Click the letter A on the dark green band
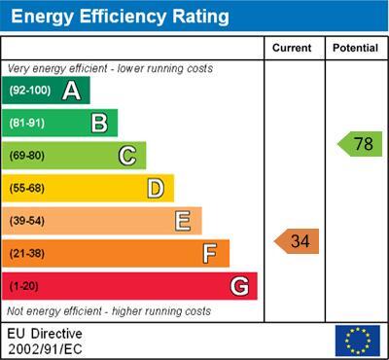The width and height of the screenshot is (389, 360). [x=71, y=90]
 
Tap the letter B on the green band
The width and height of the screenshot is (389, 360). [x=99, y=123]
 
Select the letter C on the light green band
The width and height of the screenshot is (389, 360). [x=127, y=156]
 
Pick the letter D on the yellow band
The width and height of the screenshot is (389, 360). [x=156, y=189]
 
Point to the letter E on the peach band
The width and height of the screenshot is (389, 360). [x=183, y=221]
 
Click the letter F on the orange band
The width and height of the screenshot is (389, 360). [x=210, y=253]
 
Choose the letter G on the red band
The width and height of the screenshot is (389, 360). [x=239, y=286]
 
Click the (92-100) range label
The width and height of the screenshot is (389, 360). [x=30, y=90]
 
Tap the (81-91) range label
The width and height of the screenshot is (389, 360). [x=27, y=123]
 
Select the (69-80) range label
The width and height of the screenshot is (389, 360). [x=27, y=156]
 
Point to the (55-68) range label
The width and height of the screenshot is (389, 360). [x=27, y=188]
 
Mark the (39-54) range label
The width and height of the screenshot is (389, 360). [x=27, y=221]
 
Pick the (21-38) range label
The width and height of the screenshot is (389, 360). [x=27, y=253]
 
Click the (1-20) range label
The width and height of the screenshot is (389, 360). [x=23, y=286]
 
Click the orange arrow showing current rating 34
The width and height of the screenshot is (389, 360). [x=297, y=241]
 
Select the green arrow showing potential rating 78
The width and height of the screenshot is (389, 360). [x=360, y=144]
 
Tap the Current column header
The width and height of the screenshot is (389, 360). [x=292, y=48]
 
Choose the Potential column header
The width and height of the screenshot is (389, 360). [x=355, y=48]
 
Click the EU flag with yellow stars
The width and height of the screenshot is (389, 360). [x=358, y=341]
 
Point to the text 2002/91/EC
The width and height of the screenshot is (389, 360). [x=45, y=349]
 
